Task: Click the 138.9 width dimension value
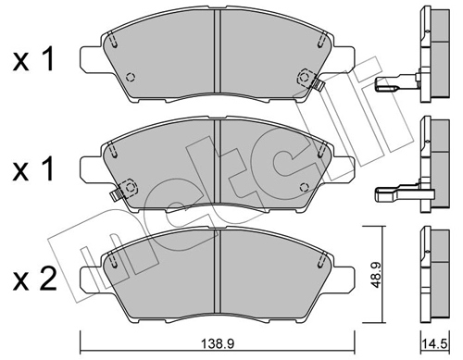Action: [x=218, y=343]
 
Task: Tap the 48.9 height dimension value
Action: [x=375, y=275]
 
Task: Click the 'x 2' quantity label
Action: [x=35, y=279]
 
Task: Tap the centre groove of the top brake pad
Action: [x=218, y=51]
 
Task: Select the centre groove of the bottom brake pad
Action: [x=218, y=272]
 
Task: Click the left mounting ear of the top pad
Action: [x=92, y=58]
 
